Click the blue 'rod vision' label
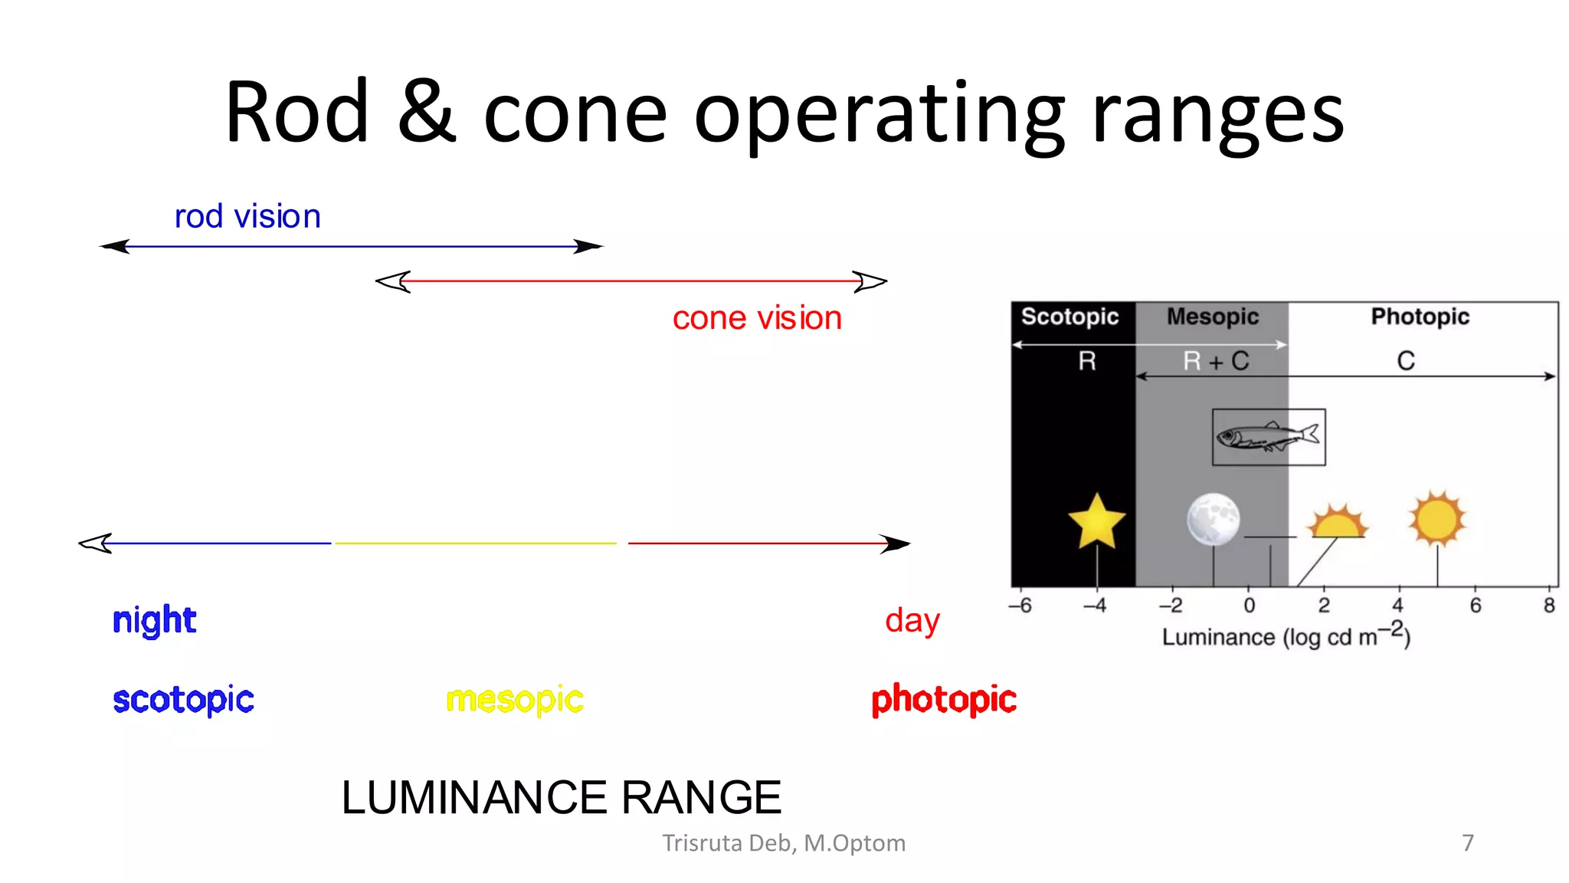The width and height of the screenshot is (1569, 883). coord(247,217)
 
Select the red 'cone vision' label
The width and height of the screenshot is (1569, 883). coord(757,318)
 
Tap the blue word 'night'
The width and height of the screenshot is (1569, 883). coord(154,620)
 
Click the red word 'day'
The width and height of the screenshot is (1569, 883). coord(912,621)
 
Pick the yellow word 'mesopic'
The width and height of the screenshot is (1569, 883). coord(515,700)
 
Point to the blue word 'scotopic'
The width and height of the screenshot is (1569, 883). coord(183,700)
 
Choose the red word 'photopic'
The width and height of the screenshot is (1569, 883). coord(944,700)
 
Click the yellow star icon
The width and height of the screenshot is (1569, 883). coord(1096,521)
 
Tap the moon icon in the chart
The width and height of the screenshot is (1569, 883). coord(1213,519)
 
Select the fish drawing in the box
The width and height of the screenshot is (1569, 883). coord(1268,437)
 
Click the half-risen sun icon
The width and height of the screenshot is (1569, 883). coord(1338,523)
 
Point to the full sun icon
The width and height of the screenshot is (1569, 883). coord(1437,519)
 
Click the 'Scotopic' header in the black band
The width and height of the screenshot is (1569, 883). coord(1069,317)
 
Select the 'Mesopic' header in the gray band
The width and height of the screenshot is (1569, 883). coord(1213,317)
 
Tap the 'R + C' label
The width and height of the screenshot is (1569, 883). coord(1216,361)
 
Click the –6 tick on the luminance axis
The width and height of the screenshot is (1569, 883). coord(1020,606)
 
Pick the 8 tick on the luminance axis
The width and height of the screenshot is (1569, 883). coord(1549,606)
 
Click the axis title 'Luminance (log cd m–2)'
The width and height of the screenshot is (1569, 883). coord(1286,636)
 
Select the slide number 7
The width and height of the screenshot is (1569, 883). coord(1468,843)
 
